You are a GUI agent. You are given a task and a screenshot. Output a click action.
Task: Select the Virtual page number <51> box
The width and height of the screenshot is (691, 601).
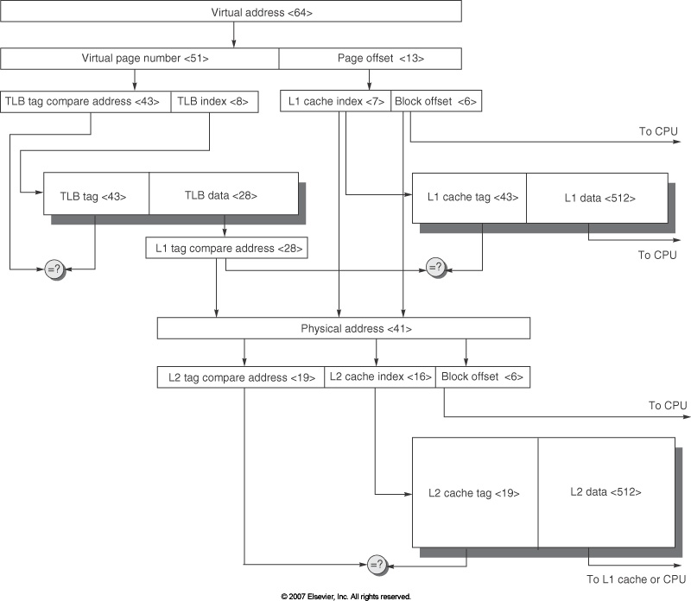(140, 59)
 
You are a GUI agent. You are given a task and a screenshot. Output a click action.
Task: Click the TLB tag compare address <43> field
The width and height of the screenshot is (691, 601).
(86, 101)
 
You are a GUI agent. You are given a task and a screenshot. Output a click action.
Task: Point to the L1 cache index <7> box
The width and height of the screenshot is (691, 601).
(336, 101)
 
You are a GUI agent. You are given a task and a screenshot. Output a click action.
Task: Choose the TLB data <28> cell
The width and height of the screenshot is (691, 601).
(224, 195)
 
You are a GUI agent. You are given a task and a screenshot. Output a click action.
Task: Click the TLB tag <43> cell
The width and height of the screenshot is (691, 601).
(97, 195)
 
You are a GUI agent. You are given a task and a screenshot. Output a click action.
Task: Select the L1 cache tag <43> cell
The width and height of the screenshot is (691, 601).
(470, 198)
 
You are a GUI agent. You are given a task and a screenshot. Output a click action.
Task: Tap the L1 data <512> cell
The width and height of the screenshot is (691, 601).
(596, 198)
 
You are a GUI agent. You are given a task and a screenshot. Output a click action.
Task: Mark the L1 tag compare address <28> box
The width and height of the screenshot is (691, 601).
(226, 249)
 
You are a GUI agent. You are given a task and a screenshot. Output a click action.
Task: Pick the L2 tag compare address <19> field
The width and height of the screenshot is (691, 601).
(241, 377)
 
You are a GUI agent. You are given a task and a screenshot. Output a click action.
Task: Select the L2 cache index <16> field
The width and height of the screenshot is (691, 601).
(380, 377)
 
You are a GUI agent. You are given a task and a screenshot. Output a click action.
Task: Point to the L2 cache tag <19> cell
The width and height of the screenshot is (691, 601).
(475, 493)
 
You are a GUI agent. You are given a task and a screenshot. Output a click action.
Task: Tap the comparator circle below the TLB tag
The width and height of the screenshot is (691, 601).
(53, 269)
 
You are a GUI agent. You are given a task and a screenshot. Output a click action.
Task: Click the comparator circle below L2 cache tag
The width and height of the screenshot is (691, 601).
(376, 566)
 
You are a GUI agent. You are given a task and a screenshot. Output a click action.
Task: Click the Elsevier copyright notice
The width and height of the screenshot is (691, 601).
(345, 596)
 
